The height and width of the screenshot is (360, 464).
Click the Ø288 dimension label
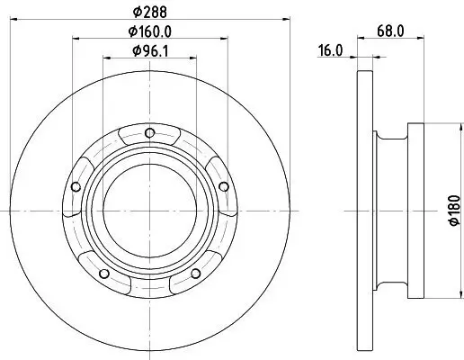(150, 13)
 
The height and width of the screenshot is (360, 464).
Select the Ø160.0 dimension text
(150, 31)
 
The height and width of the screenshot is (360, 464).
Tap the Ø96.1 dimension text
(150, 51)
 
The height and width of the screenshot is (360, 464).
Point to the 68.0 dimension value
(390, 31)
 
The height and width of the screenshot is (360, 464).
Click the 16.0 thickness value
(330, 50)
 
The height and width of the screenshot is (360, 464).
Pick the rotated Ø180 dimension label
(454, 211)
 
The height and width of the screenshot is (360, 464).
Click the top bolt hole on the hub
(149, 133)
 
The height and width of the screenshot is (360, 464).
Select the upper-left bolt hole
(76, 186)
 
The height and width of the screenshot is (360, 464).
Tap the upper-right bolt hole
(224, 186)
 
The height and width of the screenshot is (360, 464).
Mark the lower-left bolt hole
(104, 274)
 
